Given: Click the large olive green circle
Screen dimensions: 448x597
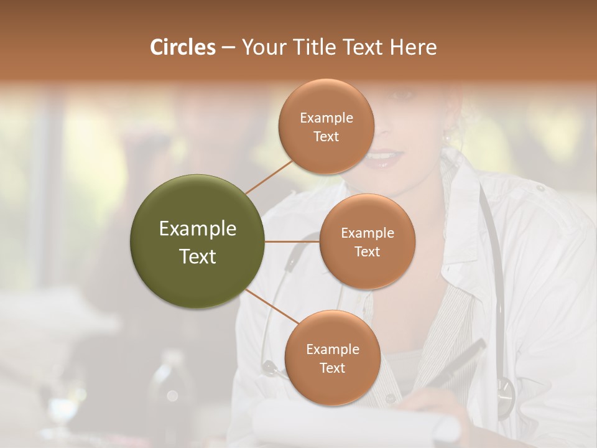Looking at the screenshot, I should click(x=198, y=241).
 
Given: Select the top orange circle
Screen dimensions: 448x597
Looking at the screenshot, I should click(x=326, y=126).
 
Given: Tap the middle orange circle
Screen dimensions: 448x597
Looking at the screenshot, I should click(x=367, y=241).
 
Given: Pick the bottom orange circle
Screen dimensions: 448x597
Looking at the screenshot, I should click(x=332, y=358).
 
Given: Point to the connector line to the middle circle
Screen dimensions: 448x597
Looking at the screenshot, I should click(x=292, y=241).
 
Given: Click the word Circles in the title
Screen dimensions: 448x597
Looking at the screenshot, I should click(x=182, y=47).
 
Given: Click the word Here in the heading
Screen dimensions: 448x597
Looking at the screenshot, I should click(x=413, y=47).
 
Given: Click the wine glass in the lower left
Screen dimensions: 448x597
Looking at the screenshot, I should click(x=62, y=411).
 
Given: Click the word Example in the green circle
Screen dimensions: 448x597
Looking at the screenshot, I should click(x=198, y=229).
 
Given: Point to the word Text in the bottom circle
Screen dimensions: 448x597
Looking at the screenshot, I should click(x=332, y=368).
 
